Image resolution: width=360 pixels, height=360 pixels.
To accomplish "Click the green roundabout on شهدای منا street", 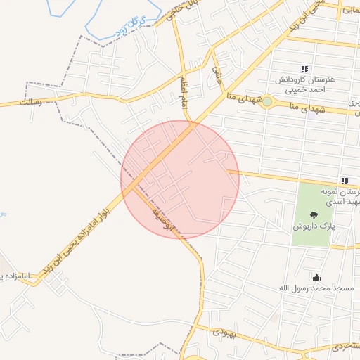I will coord(267,103).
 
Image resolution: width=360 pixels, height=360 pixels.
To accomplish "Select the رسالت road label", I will coord(31,102).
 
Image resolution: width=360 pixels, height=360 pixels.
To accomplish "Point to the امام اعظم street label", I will coord(181,85).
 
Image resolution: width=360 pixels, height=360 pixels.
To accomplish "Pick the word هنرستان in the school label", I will coord(321,79).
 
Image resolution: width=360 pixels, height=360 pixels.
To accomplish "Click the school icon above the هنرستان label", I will coord(304,68).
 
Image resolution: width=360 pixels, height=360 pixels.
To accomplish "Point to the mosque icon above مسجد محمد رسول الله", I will coord(316,277).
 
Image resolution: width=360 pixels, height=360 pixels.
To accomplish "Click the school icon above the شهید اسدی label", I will coord(345,181).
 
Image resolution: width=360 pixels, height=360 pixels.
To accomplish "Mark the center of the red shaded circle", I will coord(180,179).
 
